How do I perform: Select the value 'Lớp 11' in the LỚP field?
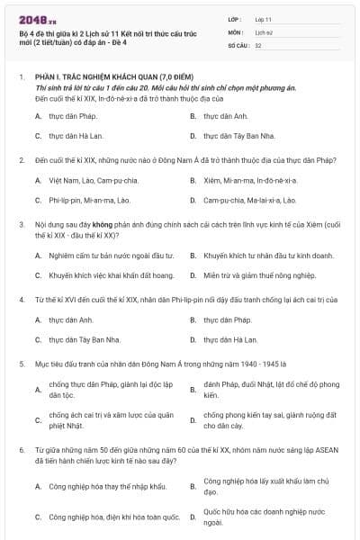[x=265, y=18]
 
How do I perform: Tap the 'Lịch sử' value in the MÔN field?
[x=264, y=31]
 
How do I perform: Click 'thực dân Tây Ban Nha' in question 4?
[x=85, y=339]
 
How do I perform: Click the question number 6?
[x=21, y=447]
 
